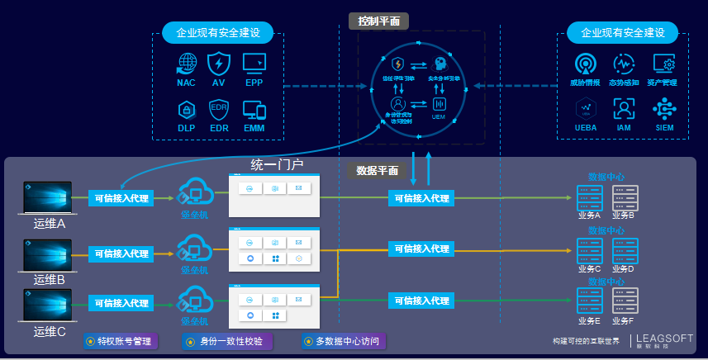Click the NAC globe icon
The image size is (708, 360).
click(x=188, y=64)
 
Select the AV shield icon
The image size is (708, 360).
click(x=219, y=64)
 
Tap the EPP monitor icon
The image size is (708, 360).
click(x=254, y=64)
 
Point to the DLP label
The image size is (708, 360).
click(x=187, y=128)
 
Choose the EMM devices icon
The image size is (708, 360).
click(x=254, y=111)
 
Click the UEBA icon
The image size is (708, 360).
click(x=586, y=109)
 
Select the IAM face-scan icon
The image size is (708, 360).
click(x=624, y=109)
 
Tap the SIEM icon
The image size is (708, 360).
click(x=664, y=109)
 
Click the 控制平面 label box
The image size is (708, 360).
click(x=379, y=21)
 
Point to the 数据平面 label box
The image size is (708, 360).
click(x=378, y=171)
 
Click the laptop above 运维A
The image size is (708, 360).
click(x=49, y=198)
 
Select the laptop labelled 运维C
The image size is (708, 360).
click(x=49, y=306)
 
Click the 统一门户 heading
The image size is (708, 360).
click(x=277, y=164)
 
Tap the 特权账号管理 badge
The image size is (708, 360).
click(x=121, y=341)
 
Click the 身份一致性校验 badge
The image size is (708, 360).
click(x=224, y=341)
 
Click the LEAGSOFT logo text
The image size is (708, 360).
click(x=666, y=338)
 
